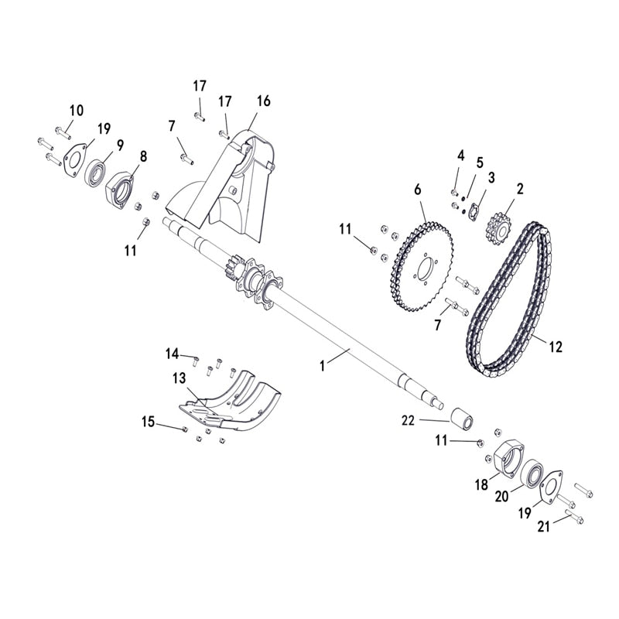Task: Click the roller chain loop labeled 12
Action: coord(512,302)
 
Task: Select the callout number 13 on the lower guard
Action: coord(180,379)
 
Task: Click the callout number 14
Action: coord(172,354)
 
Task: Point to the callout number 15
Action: coord(148,422)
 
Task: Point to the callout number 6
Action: coord(419,189)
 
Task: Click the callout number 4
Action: coord(461,156)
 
